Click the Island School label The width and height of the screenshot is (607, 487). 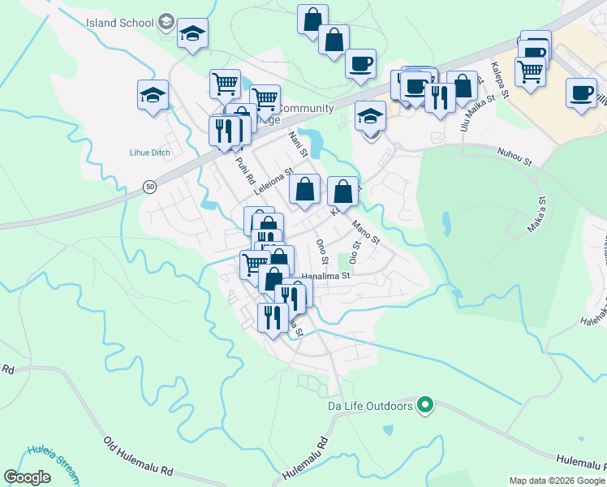tap(120, 21)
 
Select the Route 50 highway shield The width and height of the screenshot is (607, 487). tap(150, 187)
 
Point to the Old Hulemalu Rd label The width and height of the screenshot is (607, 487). tap(139, 458)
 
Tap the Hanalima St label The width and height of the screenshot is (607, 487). tap(325, 276)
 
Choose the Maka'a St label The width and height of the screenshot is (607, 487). tap(536, 215)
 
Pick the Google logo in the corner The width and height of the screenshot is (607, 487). tap(27, 477)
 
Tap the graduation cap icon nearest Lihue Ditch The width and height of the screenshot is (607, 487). tap(153, 95)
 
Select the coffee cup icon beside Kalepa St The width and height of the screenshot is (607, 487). tap(581, 93)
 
